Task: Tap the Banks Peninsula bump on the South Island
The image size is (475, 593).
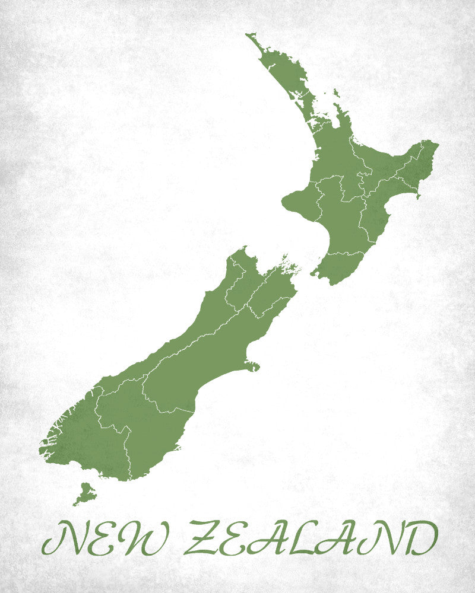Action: pos(252,364)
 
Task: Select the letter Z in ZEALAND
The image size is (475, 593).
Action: pos(204,538)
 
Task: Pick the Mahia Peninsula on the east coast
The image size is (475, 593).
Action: pos(418,193)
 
